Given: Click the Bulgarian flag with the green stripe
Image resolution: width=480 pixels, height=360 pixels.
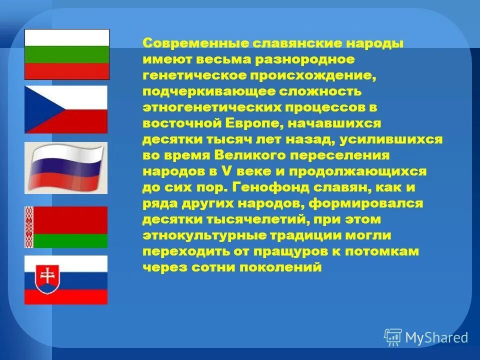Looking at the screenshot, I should point(66,54).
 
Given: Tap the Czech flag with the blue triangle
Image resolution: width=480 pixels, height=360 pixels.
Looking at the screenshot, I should point(66,109).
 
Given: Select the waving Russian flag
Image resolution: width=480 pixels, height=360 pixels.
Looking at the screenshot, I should point(66,168).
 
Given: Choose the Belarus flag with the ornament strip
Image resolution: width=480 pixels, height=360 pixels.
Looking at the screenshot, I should point(66,227).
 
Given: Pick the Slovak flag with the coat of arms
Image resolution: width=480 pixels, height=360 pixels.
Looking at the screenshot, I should point(66,280).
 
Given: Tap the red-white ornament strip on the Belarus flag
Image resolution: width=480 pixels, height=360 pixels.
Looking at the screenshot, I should point(29,227).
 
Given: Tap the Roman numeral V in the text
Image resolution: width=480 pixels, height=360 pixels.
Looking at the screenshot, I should point(224,171).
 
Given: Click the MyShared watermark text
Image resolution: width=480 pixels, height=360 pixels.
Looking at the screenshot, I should point(436,337).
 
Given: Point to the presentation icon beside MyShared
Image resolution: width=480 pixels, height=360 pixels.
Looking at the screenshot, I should point(393,337).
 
